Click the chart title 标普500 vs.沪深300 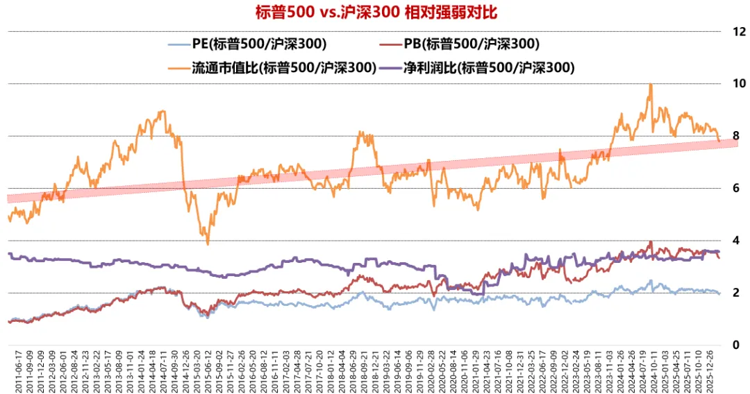pos(374,12)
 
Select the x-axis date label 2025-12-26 pos(713,371)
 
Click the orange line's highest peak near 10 pos(650,85)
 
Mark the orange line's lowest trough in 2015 pos(208,243)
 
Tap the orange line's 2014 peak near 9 pos(162,111)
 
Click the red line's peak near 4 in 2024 pos(650,242)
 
